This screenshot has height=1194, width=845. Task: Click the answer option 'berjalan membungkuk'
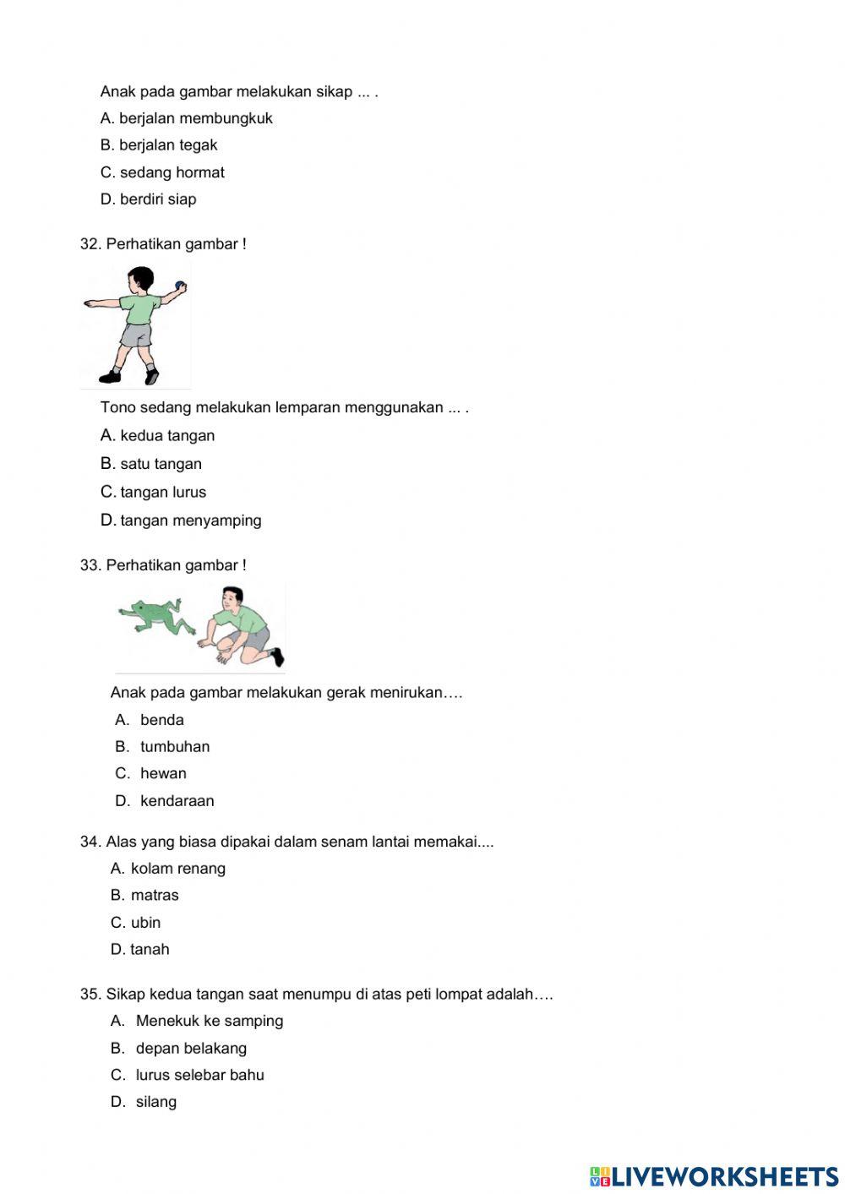(195, 118)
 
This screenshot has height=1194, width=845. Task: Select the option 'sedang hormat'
(172, 172)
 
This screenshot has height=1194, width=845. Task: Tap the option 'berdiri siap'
(157, 199)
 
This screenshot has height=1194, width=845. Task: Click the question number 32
(90, 244)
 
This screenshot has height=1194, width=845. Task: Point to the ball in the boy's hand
(179, 285)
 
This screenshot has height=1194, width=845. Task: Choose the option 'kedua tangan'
(167, 436)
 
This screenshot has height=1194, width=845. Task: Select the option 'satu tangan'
(161, 464)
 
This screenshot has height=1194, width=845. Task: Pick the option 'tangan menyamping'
(190, 521)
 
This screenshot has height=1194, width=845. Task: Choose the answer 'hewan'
(163, 773)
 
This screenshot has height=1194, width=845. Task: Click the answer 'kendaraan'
(177, 800)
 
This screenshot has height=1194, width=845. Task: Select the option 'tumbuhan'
(175, 746)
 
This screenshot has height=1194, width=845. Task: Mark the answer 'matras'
(155, 895)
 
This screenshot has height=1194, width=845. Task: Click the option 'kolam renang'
(177, 868)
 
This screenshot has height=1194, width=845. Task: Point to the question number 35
(90, 994)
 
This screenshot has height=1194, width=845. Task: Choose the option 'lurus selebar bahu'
(199, 1075)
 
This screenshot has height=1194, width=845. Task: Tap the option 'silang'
(155, 1102)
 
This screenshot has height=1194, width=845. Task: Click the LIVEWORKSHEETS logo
(714, 1176)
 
